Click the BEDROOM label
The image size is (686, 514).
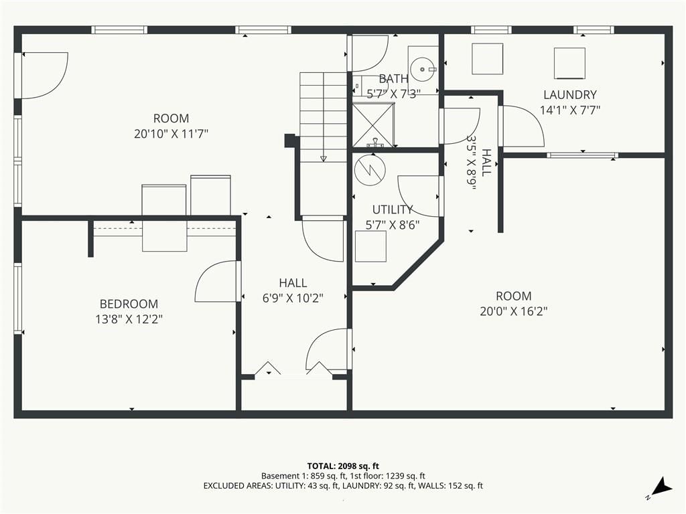(129, 304)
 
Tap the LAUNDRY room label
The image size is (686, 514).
(569, 94)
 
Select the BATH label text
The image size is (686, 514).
(393, 79)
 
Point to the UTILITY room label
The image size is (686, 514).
(393, 209)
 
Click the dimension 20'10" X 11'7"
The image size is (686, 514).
(171, 134)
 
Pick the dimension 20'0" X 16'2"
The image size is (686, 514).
(514, 311)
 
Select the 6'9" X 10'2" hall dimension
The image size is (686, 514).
(293, 298)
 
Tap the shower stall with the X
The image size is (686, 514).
(373, 125)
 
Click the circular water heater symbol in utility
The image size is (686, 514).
(370, 170)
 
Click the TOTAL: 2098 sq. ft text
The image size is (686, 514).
(343, 466)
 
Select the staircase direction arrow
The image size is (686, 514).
(324, 116)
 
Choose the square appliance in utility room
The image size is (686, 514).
(370, 246)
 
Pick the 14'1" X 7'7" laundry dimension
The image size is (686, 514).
(569, 110)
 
